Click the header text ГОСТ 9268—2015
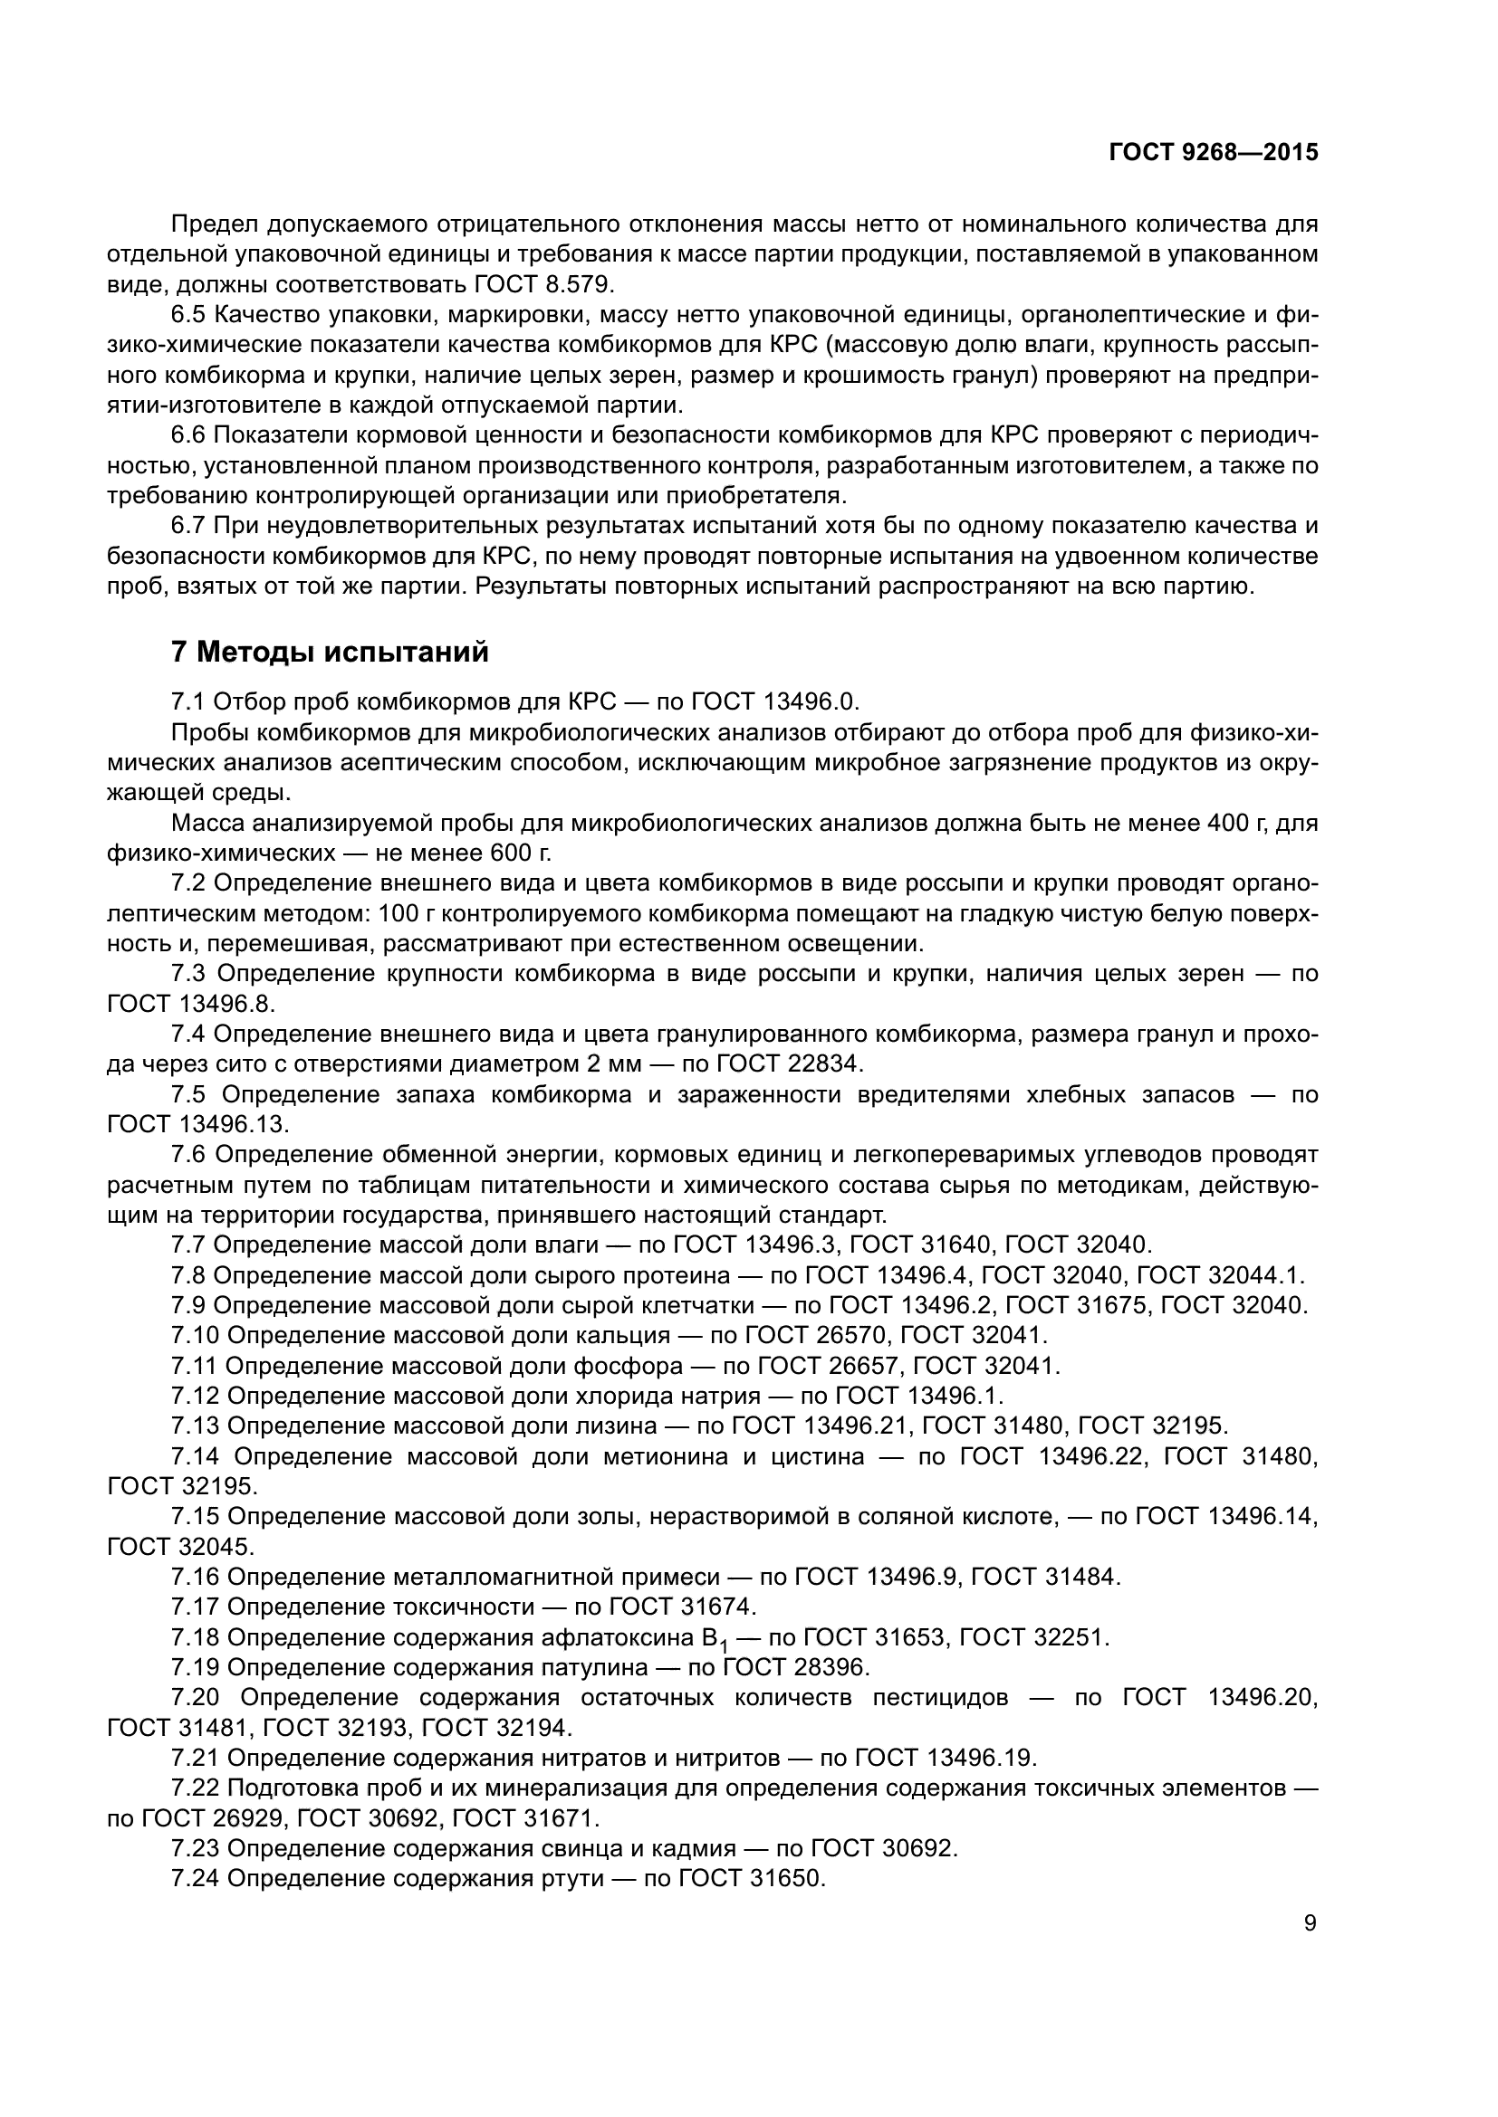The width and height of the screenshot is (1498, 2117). pos(1213,153)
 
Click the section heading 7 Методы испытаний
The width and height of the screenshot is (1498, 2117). pos(330,652)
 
